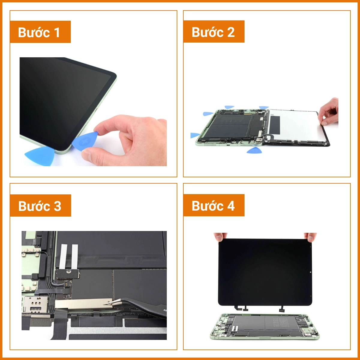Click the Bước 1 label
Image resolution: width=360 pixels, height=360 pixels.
[x=40, y=32]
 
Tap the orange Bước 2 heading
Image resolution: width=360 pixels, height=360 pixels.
[x=214, y=32]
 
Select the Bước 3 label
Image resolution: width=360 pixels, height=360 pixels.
[x=40, y=206]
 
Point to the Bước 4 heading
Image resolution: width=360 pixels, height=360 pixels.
[x=214, y=205]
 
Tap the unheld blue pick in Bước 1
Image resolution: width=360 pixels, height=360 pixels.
[x=40, y=156]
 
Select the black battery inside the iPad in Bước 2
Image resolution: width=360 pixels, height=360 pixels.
[x=232, y=126]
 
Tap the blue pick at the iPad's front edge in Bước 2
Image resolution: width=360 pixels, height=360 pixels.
[x=254, y=150]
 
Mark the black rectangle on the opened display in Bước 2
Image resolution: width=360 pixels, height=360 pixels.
[x=275, y=124]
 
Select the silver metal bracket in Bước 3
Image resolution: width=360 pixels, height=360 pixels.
[x=81, y=304]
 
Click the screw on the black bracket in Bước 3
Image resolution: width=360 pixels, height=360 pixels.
[x=68, y=271]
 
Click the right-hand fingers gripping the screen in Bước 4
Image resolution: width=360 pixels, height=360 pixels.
[x=310, y=237]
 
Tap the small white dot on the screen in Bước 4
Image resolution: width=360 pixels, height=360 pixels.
[x=310, y=272]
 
